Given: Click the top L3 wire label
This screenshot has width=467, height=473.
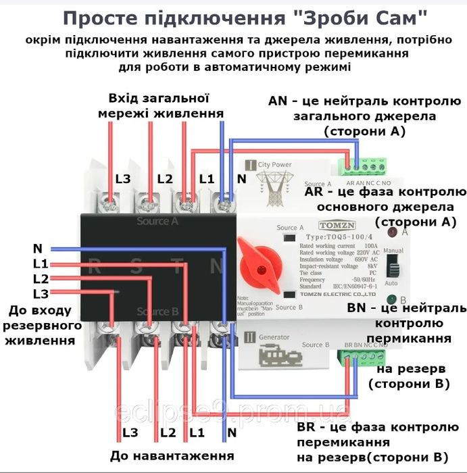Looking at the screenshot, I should pos(123,179).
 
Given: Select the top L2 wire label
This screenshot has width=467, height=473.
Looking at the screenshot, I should pos(166,179).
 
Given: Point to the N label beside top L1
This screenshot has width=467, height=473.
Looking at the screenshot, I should pos(242,179).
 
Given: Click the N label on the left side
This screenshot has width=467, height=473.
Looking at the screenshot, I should pos(37,248).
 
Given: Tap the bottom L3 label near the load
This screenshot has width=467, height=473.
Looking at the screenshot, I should pos(130,432).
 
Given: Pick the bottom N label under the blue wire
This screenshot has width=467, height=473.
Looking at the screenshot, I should pos(232,432).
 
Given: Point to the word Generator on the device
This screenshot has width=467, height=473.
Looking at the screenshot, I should pos(276,337).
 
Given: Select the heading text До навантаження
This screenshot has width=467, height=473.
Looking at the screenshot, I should pos(172,455).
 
